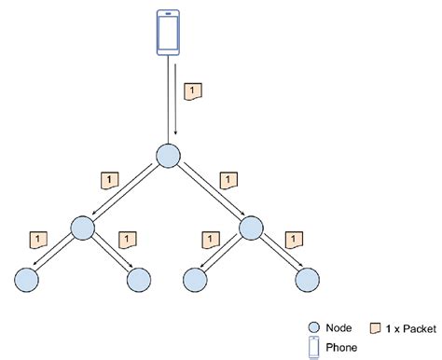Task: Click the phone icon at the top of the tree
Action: click(x=168, y=33)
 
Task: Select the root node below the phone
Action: click(x=168, y=156)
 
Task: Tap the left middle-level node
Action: click(x=82, y=228)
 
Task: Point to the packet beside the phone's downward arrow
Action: click(x=194, y=91)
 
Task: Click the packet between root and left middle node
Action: click(x=110, y=177)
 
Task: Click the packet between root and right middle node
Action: click(x=224, y=177)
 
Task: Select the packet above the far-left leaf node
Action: click(x=38, y=240)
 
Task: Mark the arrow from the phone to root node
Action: click(x=174, y=98)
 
